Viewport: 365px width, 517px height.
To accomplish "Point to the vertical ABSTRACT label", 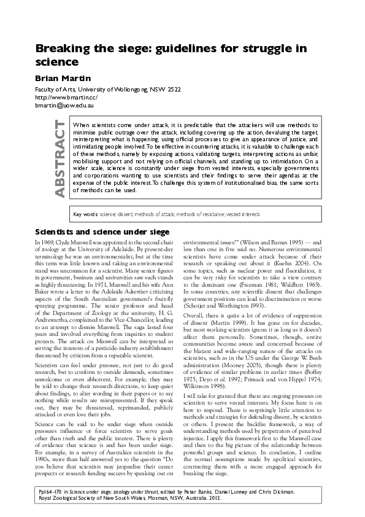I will point(60,158).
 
